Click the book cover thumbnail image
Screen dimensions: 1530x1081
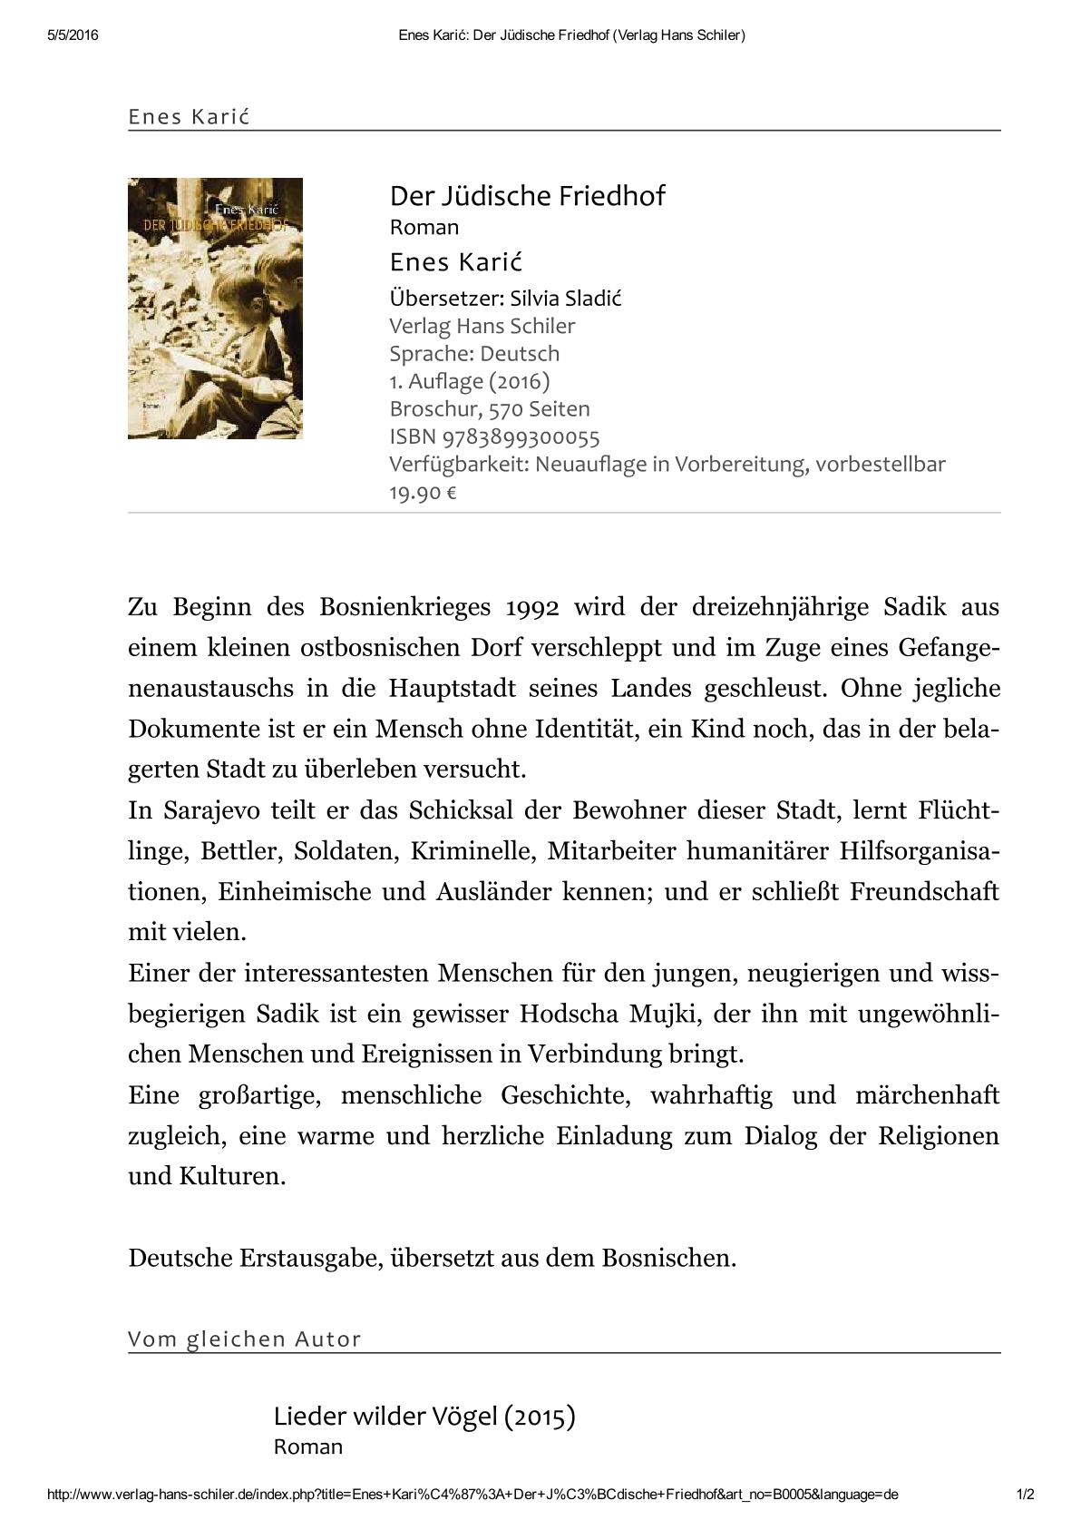tap(215, 308)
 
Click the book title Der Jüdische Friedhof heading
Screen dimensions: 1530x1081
tap(527, 196)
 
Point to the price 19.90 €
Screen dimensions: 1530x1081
tap(423, 493)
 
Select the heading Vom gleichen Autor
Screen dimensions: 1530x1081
tap(245, 1339)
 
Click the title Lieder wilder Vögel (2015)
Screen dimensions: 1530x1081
tap(424, 1416)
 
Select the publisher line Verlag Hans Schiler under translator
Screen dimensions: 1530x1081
tap(482, 326)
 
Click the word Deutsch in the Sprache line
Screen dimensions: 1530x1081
tap(520, 353)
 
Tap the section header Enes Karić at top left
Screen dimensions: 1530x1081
tap(190, 116)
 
